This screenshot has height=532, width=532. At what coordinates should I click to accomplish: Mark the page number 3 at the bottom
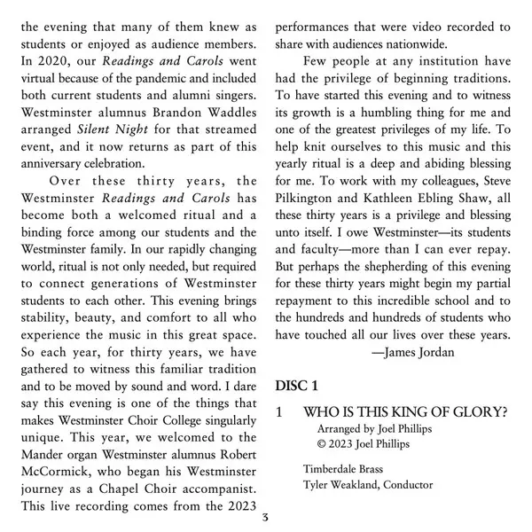[x=265, y=519]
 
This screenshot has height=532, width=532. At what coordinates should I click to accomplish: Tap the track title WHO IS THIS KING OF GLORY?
[x=404, y=414]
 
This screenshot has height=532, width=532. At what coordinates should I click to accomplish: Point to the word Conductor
[x=403, y=486]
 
